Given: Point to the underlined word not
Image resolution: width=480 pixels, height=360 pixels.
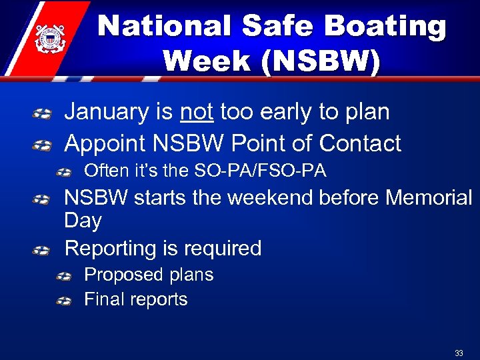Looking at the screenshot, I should pos(197,112).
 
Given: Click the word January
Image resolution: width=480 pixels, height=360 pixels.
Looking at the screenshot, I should pos(106,112).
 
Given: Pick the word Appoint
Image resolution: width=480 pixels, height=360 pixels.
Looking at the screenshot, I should pos(106,143).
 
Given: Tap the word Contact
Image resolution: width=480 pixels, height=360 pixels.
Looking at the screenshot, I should pos(360,143).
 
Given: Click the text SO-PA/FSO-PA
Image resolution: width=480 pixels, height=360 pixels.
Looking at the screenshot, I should pos(260,171).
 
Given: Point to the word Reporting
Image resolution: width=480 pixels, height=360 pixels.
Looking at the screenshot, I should pos(110,249).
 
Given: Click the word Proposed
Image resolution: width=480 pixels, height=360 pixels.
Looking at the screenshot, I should pos(123,275).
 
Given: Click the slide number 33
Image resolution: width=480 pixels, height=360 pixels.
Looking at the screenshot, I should pos(459,353).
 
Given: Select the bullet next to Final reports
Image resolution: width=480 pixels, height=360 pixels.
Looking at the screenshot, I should pos(64,301).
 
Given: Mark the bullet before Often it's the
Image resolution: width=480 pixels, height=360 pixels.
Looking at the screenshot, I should pos(64,173).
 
